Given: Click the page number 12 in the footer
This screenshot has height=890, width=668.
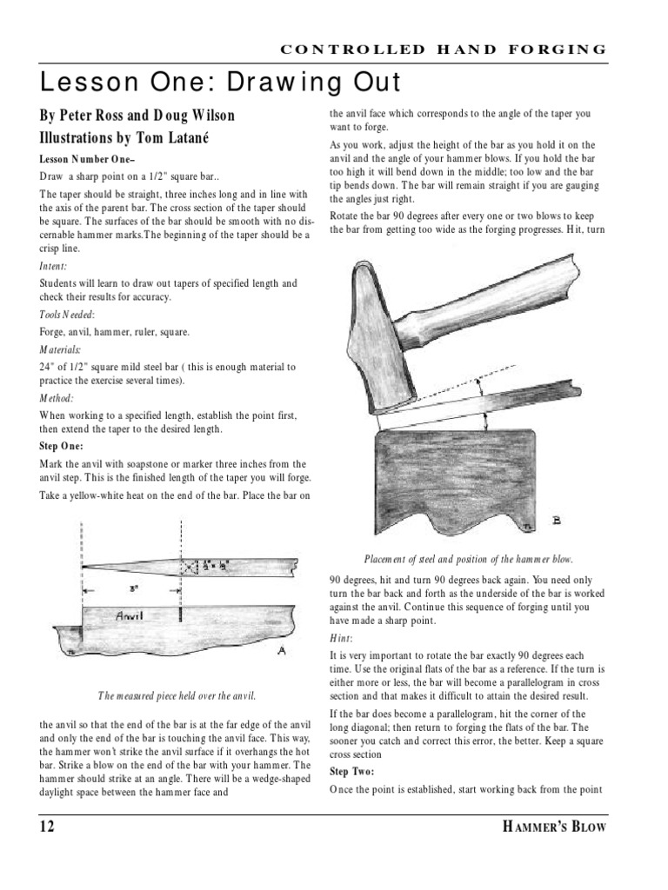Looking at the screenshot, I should [46, 827].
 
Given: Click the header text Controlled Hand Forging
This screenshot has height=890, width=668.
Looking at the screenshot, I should [444, 50].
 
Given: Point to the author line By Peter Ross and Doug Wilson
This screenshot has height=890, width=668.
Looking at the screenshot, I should [137, 116].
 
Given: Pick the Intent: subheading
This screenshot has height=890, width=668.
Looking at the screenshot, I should [54, 268].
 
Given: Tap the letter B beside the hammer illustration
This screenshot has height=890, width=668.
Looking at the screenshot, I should [556, 521].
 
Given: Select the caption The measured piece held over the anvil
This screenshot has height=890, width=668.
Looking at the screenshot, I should [177, 694].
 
